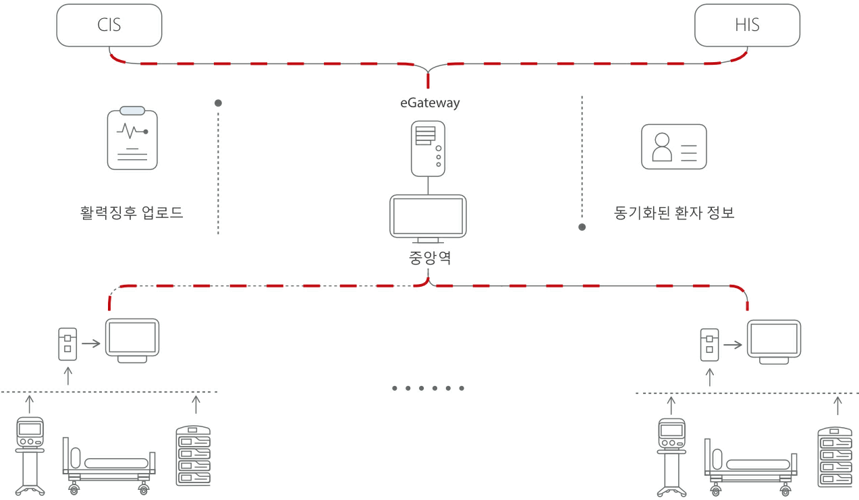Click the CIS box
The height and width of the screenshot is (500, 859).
(109, 26)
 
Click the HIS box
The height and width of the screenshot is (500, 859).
(747, 26)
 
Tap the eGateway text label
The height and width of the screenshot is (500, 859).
(429, 103)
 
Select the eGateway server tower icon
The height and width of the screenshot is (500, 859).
(428, 148)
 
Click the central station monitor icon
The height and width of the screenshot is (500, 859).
(428, 218)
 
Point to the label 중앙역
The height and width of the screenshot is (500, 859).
(429, 257)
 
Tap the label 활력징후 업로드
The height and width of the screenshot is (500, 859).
(132, 213)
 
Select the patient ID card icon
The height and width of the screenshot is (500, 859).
(673, 146)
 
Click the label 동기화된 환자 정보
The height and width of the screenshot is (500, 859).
(674, 213)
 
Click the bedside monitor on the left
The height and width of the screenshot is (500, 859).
(132, 340)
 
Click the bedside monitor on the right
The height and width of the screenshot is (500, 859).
(774, 341)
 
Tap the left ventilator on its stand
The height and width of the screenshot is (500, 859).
(30, 456)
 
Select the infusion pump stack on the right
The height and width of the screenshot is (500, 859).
(834, 456)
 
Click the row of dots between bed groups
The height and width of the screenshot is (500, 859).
(428, 388)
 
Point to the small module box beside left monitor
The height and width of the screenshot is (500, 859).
(67, 343)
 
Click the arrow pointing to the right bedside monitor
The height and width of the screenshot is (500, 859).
(733, 344)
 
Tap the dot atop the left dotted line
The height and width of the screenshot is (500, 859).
(218, 103)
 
